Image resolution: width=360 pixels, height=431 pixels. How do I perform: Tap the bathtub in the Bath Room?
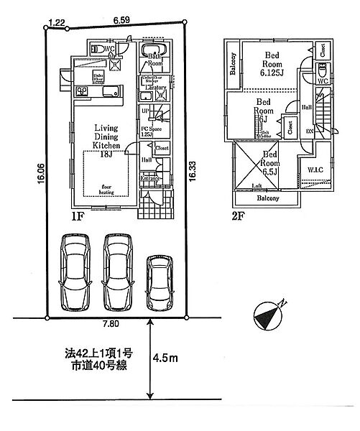153,51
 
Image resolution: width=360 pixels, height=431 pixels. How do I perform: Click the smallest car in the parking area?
160,283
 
